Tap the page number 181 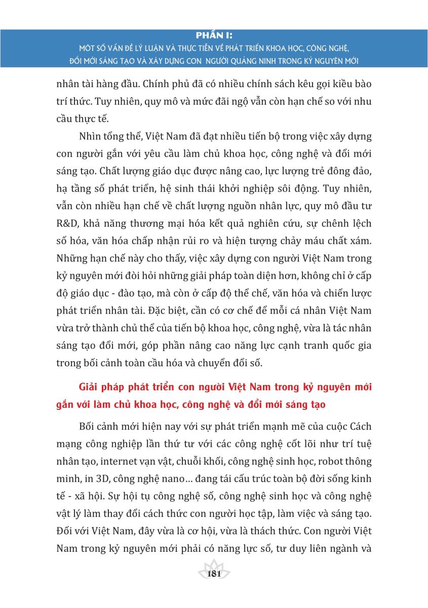pyautogui.click(x=214, y=574)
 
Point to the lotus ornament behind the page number pyautogui.click(x=214, y=566)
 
